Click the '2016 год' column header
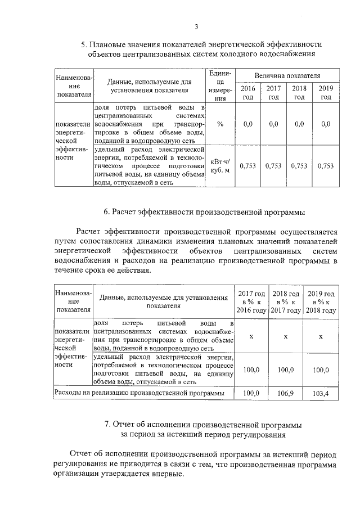(247, 93)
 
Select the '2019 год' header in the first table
(326, 93)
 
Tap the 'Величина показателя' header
(287, 75)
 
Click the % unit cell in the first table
(220, 124)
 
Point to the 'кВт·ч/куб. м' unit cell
(220, 165)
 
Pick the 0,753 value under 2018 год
(299, 165)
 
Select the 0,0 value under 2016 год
(247, 124)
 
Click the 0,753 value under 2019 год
(326, 165)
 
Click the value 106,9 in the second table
(285, 394)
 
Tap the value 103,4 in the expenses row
(321, 394)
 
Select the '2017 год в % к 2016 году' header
(251, 302)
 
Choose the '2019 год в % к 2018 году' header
(321, 302)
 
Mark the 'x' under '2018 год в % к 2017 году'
(285, 336)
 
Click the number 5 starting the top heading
(83, 44)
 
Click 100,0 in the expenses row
(251, 394)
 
